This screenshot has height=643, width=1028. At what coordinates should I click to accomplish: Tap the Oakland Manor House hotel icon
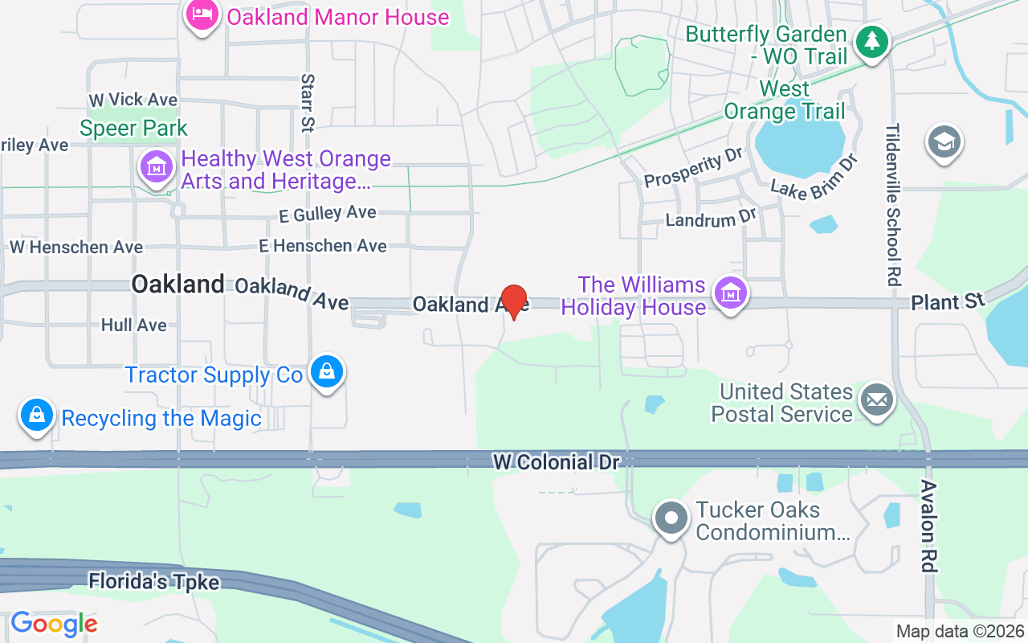click(202, 15)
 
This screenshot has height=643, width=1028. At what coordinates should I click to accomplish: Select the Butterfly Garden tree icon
click(871, 40)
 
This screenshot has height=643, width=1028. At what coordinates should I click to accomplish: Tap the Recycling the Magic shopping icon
click(37, 416)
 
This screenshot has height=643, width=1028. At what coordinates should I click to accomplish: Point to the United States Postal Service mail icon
click(877, 399)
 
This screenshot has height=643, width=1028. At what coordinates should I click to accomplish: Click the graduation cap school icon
click(944, 142)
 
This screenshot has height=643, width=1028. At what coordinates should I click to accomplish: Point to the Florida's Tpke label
click(153, 580)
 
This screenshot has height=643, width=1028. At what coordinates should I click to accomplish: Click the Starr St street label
click(308, 102)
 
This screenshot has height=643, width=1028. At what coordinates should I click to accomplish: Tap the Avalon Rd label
click(928, 526)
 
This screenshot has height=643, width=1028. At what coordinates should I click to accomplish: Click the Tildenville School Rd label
click(893, 205)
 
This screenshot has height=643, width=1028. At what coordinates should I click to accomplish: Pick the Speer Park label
click(133, 128)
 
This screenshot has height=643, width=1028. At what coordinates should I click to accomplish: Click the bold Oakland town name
click(177, 284)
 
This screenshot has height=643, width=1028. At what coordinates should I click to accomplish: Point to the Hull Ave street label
click(134, 325)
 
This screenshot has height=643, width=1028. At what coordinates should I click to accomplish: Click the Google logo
click(54, 624)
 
